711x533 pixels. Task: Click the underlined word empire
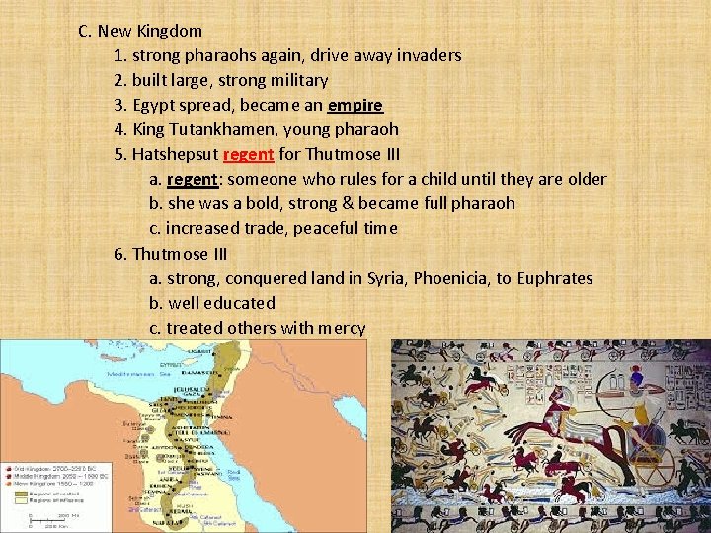click(355, 105)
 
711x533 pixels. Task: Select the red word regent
click(249, 154)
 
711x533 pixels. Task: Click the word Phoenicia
click(449, 278)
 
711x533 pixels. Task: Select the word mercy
click(341, 328)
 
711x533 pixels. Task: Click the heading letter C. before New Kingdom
click(85, 31)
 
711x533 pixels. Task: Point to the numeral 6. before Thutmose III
click(120, 254)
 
